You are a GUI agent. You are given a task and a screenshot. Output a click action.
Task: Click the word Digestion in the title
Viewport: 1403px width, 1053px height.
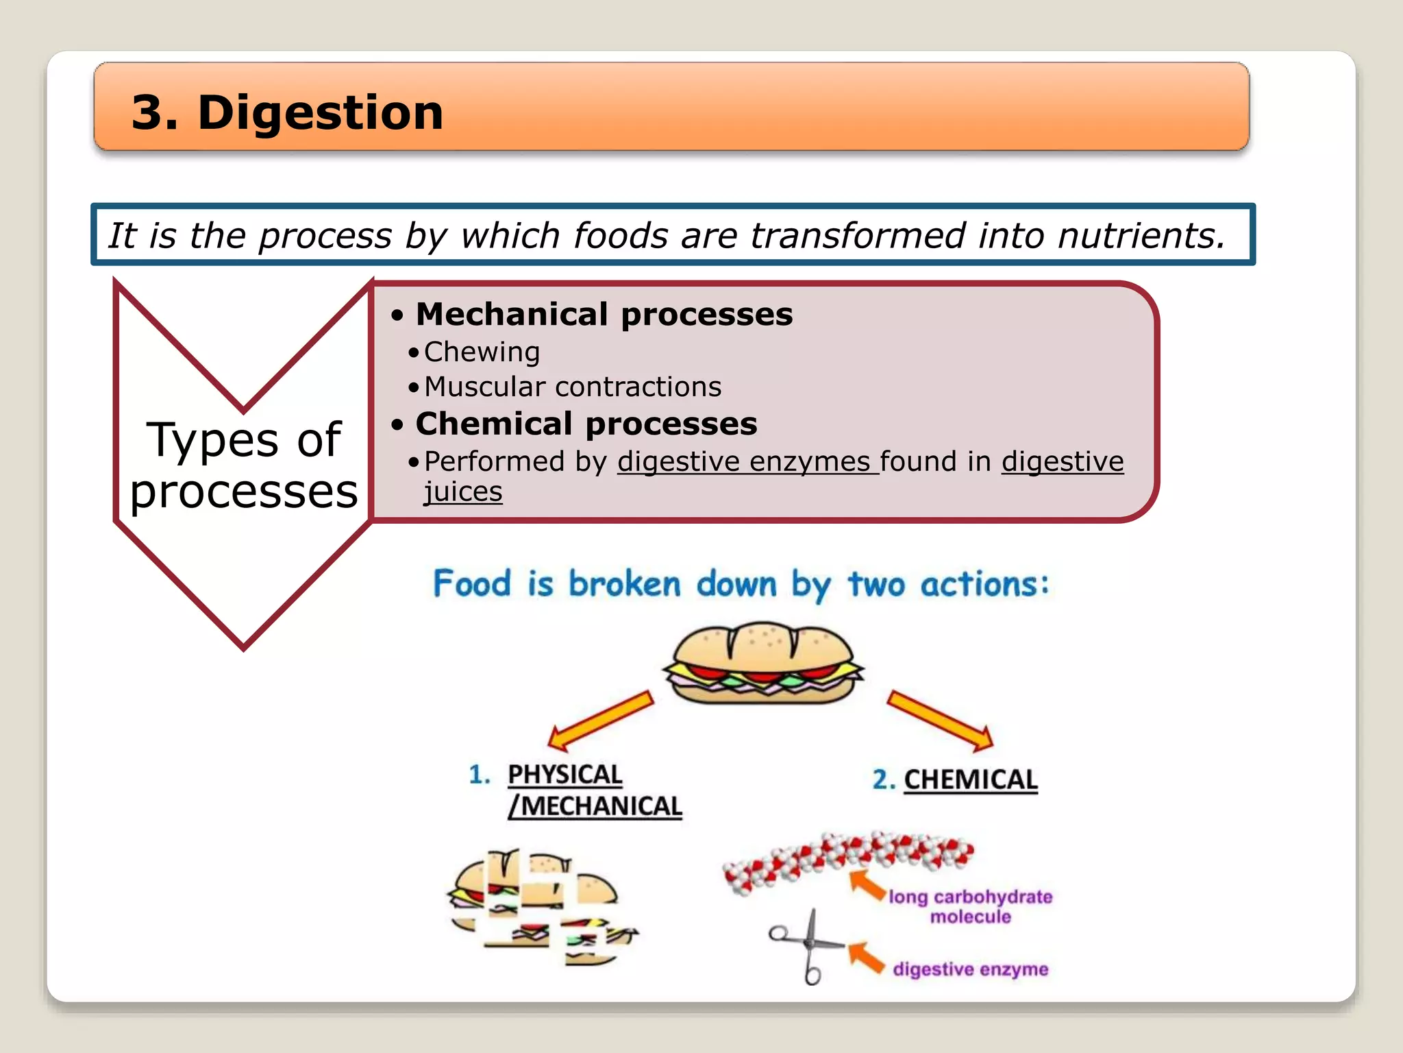click(x=321, y=112)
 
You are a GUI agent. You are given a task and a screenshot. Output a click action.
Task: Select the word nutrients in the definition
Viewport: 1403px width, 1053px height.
click(x=1141, y=235)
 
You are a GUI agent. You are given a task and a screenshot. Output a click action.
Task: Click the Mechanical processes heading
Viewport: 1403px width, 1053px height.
click(x=604, y=315)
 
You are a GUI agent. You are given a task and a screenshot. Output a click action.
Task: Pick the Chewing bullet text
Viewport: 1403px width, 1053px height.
click(x=482, y=352)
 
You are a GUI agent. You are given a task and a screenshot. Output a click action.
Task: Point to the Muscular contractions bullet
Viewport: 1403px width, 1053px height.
click(x=572, y=387)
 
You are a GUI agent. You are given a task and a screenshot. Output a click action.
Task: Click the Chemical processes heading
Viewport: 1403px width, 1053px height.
click(x=586, y=424)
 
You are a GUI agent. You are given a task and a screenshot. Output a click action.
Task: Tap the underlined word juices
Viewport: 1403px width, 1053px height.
click(x=463, y=492)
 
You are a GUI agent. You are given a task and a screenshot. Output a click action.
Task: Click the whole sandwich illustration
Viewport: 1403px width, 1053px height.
click(x=762, y=663)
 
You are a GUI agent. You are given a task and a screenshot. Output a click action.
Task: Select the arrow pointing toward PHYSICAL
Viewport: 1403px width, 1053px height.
click(x=601, y=720)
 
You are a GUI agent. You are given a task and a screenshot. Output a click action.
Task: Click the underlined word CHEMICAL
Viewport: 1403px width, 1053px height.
click(x=970, y=779)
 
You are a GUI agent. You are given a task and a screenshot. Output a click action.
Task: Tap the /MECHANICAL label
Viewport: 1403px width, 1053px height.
click(x=595, y=806)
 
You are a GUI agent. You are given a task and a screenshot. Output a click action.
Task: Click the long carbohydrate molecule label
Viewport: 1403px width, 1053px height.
click(x=970, y=906)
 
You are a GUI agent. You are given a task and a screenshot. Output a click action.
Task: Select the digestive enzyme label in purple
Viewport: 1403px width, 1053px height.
click(x=970, y=969)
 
